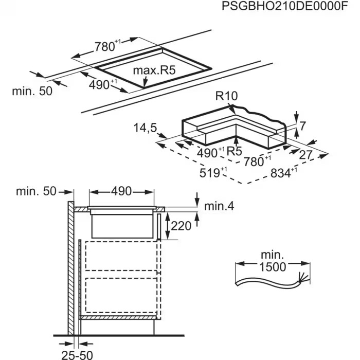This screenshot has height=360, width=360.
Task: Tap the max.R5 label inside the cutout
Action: click(x=154, y=70)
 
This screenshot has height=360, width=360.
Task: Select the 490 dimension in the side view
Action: click(x=122, y=191)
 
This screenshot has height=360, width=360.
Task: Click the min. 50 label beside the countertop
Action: click(x=32, y=91)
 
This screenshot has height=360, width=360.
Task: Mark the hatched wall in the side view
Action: click(x=69, y=267)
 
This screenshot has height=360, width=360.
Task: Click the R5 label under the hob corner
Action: click(x=234, y=151)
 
